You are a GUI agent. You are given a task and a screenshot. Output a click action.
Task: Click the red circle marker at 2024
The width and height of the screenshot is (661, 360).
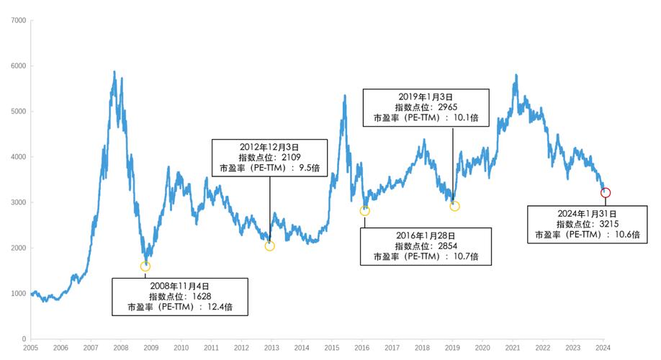(606, 192)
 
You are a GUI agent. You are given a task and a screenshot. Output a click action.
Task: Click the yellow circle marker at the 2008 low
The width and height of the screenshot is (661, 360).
(145, 266)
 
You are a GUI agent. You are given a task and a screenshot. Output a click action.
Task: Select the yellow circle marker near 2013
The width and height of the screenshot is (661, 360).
(270, 246)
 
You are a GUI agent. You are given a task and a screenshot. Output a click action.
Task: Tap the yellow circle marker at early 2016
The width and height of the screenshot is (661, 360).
(364, 211)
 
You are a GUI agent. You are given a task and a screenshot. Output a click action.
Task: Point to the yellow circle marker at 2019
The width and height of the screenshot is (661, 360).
(454, 207)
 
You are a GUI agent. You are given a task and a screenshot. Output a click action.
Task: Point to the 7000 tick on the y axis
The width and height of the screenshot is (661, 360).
(19, 20)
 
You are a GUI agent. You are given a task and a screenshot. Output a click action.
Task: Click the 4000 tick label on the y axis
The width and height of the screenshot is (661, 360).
(19, 157)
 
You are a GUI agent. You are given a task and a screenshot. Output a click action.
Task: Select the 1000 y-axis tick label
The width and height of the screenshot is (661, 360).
(19, 293)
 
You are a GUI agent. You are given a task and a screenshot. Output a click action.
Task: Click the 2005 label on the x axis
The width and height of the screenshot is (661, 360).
(30, 348)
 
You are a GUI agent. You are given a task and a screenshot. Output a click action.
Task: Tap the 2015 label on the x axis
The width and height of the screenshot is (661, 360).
(332, 348)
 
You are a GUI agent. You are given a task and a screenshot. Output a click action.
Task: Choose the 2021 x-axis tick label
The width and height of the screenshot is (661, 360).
(513, 348)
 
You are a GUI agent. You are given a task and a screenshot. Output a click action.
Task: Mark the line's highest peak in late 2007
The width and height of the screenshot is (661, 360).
(114, 71)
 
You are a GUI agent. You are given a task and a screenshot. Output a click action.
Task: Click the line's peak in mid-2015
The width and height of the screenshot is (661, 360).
(345, 95)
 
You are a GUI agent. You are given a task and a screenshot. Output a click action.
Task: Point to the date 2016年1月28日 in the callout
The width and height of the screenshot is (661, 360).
(426, 235)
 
